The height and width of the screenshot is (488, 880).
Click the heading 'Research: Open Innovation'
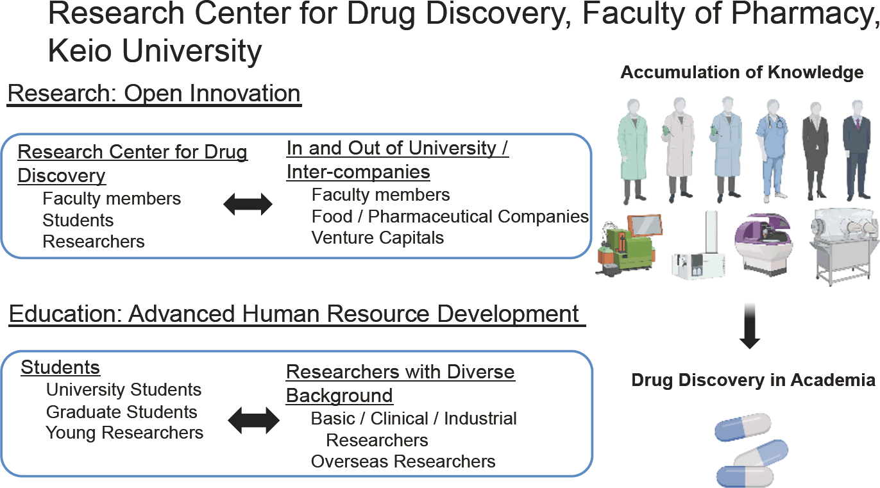click(x=154, y=94)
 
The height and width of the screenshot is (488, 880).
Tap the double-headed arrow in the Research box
click(x=248, y=204)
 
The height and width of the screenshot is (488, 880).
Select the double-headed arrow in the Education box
click(x=253, y=420)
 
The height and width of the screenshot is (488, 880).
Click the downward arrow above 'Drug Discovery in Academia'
click(x=750, y=326)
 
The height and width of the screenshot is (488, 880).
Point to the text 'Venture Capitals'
click(x=378, y=238)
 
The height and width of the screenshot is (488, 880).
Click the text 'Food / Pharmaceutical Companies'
click(x=450, y=217)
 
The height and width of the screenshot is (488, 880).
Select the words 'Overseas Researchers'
click(x=403, y=462)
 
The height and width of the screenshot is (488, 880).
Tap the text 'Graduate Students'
click(x=121, y=412)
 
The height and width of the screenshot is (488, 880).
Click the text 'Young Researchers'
click(x=124, y=433)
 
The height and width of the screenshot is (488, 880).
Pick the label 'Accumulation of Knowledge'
click(x=741, y=72)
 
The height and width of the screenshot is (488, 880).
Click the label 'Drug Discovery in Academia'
click(x=753, y=380)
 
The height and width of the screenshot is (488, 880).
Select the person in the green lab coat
click(x=632, y=151)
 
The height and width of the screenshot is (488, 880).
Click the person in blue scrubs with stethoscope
click(x=772, y=151)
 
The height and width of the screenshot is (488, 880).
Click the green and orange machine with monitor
click(x=628, y=245)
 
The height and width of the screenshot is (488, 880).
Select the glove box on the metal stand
click(x=844, y=246)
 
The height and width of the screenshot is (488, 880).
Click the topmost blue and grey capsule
click(x=743, y=427)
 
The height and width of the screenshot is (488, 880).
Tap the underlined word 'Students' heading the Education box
click(x=60, y=367)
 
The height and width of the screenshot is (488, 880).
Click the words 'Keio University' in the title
click(x=155, y=51)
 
